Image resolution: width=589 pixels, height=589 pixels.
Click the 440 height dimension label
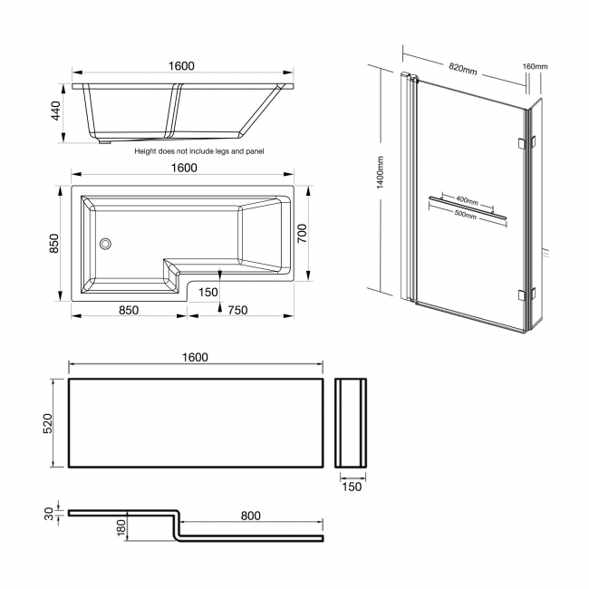pos(55,111)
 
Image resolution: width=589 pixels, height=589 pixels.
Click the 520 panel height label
pos(55,423)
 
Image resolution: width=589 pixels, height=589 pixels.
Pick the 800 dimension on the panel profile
pos(251,516)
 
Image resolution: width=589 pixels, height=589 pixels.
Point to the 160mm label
pos(536,66)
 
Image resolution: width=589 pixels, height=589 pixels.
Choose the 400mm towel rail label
pos(467,199)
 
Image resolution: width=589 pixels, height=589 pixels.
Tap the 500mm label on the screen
pos(467,216)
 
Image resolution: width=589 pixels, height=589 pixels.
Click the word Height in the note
pos(147,152)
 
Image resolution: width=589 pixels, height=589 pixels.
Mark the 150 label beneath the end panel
pos(352,487)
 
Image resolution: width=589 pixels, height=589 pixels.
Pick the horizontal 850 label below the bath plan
pos(128,311)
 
